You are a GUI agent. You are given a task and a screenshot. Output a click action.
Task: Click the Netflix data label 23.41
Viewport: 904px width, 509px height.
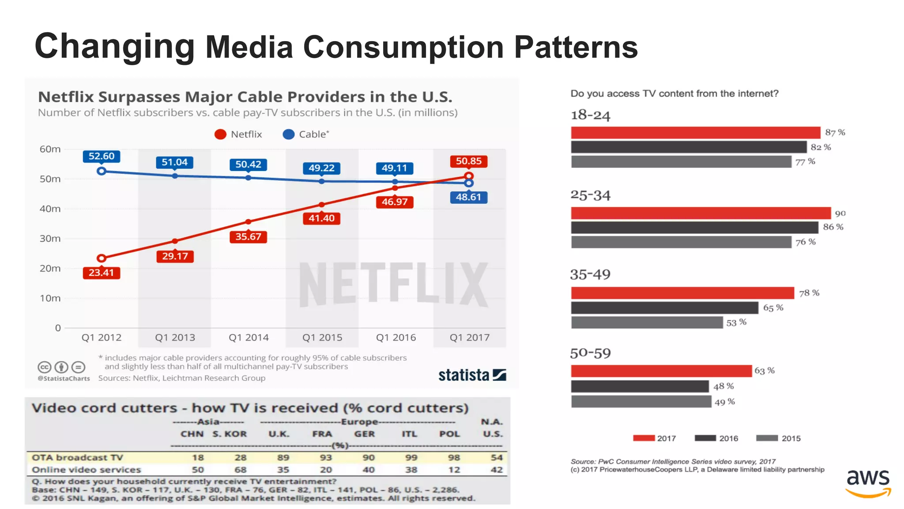click(x=101, y=273)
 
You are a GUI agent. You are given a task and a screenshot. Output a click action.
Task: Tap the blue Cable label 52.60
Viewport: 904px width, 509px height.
click(x=101, y=156)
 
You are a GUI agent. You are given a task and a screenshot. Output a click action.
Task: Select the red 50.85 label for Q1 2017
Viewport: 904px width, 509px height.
click(x=468, y=161)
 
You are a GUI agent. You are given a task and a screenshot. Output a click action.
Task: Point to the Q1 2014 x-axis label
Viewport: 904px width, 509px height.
click(x=249, y=338)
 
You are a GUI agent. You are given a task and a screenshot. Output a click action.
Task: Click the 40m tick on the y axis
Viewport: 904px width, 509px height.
click(x=50, y=209)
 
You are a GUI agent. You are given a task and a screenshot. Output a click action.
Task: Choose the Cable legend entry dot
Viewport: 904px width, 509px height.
click(x=289, y=134)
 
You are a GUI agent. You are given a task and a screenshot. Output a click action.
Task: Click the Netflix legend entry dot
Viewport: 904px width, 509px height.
click(x=220, y=134)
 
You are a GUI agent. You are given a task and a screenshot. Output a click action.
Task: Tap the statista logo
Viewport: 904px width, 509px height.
click(x=472, y=375)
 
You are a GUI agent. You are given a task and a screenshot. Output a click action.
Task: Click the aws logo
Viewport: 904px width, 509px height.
click(x=868, y=482)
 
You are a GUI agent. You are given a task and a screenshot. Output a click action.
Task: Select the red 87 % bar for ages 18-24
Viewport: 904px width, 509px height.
click(x=695, y=133)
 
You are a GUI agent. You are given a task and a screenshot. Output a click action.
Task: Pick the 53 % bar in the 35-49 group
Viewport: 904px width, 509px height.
click(x=647, y=323)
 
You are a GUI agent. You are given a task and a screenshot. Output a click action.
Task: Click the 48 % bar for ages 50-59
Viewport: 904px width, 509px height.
click(x=640, y=387)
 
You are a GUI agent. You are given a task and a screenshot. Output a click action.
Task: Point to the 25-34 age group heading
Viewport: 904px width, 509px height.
click(x=590, y=195)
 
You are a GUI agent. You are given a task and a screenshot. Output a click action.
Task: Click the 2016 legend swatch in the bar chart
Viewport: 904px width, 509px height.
click(x=705, y=438)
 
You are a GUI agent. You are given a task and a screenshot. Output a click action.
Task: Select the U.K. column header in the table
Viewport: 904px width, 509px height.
click(x=279, y=434)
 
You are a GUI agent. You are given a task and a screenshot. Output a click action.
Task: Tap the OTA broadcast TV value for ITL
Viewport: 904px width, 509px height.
click(x=411, y=457)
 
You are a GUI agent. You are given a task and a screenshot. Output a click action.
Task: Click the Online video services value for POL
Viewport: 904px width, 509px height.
click(x=454, y=470)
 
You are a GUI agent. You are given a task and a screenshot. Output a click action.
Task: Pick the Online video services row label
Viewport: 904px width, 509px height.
click(x=86, y=470)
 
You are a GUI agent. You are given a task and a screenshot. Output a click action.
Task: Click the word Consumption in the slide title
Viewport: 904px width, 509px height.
click(x=403, y=47)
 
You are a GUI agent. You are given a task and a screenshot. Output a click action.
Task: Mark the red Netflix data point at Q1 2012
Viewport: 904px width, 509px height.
click(x=102, y=258)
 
